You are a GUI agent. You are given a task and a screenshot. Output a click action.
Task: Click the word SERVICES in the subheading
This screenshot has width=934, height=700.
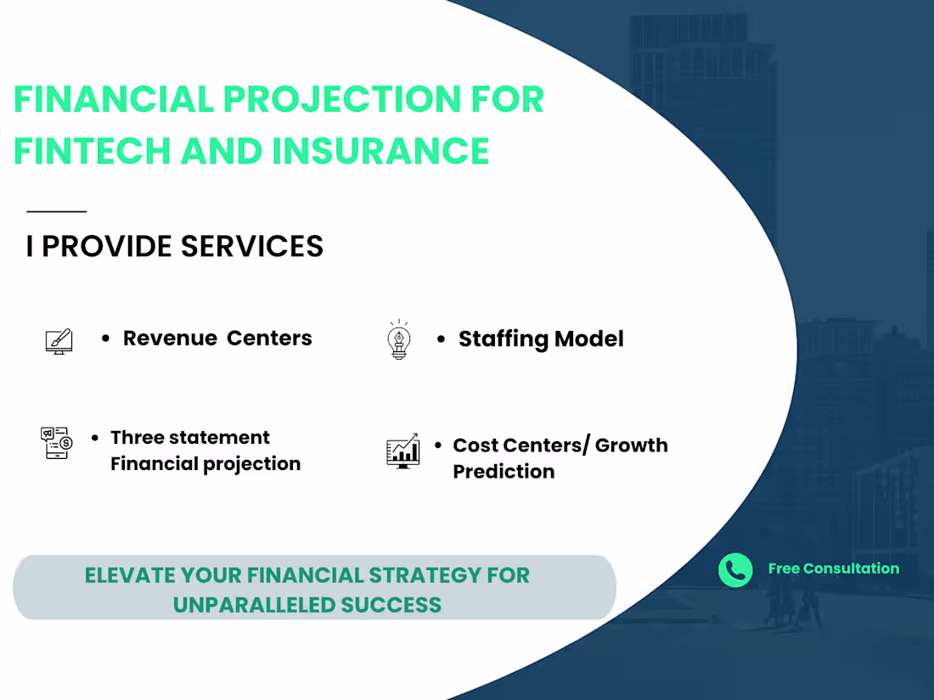coord(252,246)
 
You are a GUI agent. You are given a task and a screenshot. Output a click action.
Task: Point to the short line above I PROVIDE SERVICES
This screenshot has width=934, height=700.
coord(57,211)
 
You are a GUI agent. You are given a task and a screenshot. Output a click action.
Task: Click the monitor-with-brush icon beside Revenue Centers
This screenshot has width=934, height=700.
coord(59,340)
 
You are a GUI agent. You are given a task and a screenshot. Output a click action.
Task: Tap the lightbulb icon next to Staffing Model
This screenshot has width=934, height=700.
coord(398,339)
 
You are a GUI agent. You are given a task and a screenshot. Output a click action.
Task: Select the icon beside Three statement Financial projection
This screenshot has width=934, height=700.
coord(57,443)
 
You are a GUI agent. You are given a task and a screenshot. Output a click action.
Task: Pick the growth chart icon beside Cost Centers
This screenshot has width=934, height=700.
coord(402,451)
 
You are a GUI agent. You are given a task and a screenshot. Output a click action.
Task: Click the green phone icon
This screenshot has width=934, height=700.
coord(735,570)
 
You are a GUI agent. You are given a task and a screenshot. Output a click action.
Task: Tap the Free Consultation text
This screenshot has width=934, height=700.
coord(833,568)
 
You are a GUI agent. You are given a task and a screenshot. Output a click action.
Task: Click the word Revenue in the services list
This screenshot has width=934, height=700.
coord(170,338)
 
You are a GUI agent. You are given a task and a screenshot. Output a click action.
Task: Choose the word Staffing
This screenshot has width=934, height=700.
coord(504,339)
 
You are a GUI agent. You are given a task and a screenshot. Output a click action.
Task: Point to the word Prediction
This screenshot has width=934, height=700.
coord(504,472)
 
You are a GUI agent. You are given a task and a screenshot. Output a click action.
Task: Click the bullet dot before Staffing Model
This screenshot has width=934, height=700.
coord(442,339)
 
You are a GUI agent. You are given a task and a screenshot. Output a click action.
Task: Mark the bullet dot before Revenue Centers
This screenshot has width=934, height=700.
coord(106,339)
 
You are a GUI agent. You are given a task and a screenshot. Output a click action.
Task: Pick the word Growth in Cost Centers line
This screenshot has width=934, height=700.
coord(632,445)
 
